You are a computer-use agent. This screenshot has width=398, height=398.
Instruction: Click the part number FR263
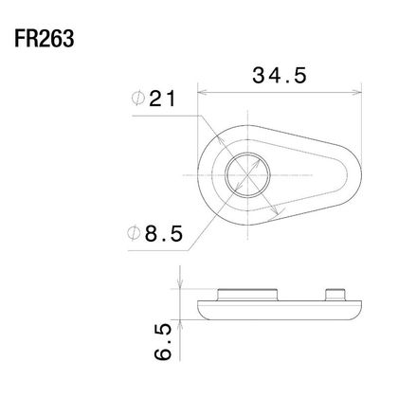[x=45, y=39]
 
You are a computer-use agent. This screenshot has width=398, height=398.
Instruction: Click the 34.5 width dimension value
[x=280, y=76]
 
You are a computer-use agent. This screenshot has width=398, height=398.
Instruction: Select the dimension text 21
[x=162, y=99]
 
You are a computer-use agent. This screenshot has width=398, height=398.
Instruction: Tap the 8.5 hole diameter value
[x=164, y=234]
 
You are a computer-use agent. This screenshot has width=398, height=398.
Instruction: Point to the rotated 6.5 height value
[x=163, y=342]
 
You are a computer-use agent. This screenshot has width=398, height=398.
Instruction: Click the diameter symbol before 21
[x=138, y=99]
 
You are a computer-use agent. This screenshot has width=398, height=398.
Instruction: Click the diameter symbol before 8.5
[x=134, y=233]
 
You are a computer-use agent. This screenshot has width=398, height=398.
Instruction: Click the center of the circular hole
[x=247, y=175]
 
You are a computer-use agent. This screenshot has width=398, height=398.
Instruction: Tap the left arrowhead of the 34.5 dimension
[x=202, y=93]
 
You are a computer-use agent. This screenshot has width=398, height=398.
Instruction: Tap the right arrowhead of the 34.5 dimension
[x=356, y=93]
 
